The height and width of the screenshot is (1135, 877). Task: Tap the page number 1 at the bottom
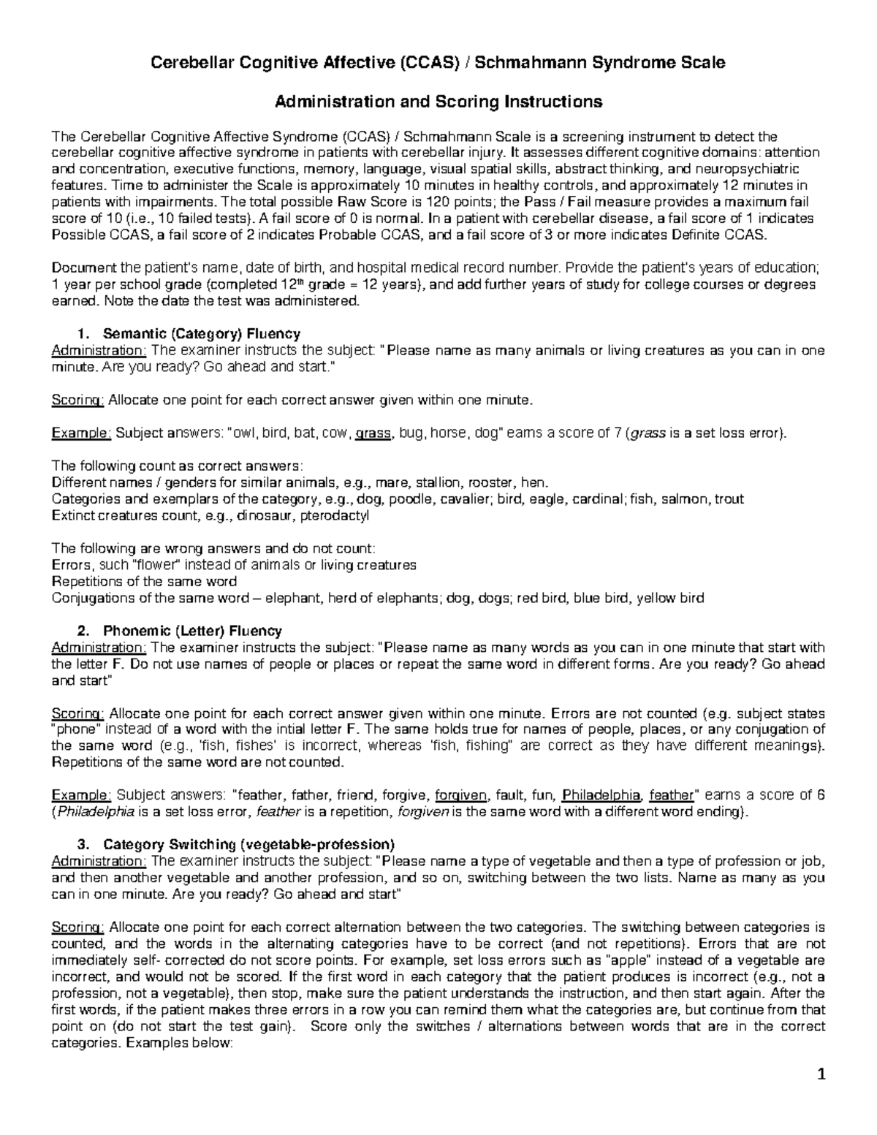821,1074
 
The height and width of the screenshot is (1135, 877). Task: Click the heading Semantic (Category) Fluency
202,333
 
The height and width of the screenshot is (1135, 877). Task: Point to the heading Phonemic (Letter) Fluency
192,630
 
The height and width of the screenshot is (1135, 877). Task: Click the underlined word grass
373,433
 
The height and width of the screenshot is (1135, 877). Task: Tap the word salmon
686,499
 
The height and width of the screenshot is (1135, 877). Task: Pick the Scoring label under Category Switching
77,927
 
